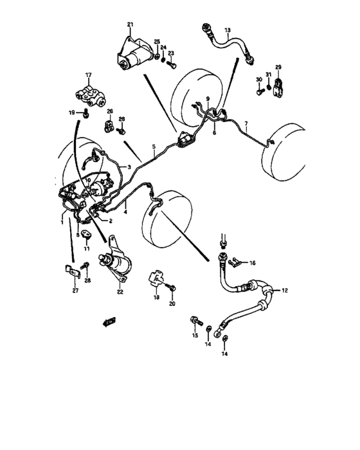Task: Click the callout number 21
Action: point(130,25)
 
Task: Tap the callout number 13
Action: point(227,30)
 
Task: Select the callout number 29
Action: point(278,67)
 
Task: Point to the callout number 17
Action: point(89,75)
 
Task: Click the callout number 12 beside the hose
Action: point(285,291)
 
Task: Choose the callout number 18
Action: point(156,298)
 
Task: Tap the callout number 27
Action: point(75,291)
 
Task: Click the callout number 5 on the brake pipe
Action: point(154,147)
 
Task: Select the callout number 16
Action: point(253,263)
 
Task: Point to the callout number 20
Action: point(172,303)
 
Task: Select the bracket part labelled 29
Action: point(278,88)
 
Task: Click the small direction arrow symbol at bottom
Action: point(108,319)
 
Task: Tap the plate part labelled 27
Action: point(71,271)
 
